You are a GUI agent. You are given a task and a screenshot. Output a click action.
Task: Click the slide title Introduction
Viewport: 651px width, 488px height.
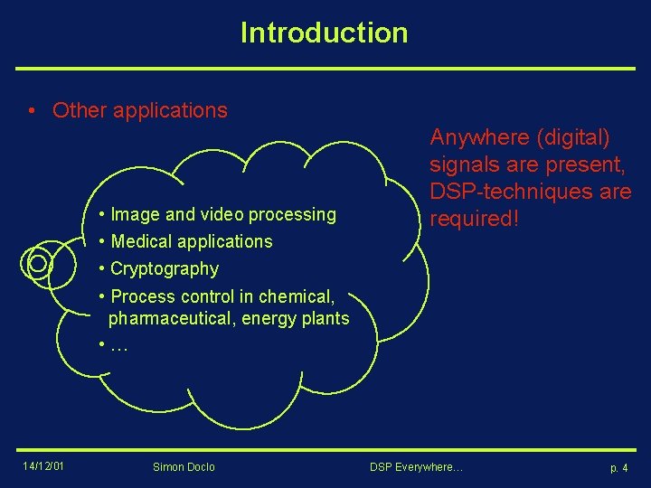click(324, 33)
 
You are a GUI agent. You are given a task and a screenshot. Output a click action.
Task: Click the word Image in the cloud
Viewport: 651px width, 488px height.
click(136, 214)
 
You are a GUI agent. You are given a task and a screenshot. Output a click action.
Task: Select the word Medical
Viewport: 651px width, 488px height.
click(142, 241)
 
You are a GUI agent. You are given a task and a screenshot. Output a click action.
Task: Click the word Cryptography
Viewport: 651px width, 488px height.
click(165, 268)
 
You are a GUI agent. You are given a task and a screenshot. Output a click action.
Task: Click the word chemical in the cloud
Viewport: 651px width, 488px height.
click(296, 296)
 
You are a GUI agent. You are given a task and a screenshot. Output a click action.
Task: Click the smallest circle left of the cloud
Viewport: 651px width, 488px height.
click(38, 263)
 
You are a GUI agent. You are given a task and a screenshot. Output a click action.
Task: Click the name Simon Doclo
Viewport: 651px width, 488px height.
click(184, 467)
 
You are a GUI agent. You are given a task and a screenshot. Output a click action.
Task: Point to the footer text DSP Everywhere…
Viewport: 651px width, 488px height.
click(416, 467)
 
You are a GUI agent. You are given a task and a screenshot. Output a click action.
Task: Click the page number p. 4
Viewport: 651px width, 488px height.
click(618, 468)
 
